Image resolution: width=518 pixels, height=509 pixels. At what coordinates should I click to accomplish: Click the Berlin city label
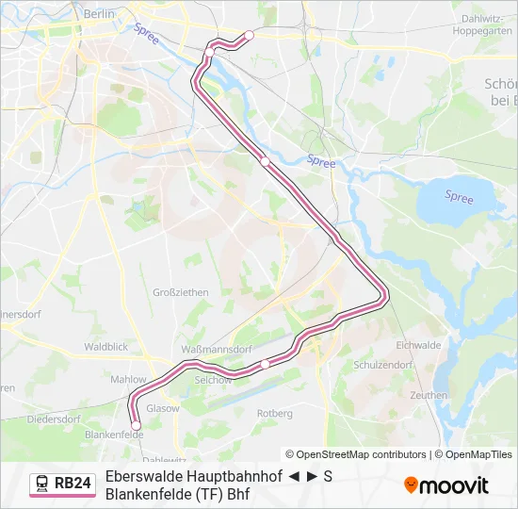[99, 14]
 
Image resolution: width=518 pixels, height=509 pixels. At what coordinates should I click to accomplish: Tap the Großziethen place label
[180, 292]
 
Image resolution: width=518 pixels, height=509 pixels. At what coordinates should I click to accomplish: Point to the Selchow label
[212, 379]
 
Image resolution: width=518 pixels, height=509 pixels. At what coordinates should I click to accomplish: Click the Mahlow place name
[129, 380]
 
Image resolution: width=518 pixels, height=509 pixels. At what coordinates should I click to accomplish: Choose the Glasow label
[163, 408]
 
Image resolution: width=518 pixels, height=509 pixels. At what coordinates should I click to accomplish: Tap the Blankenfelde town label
[106, 435]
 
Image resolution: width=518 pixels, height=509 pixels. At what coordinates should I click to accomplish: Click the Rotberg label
[274, 413]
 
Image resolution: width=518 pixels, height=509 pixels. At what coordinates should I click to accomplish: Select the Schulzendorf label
[382, 365]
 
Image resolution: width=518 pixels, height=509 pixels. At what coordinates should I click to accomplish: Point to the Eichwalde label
[418, 345]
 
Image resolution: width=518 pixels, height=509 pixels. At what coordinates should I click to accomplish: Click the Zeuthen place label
[429, 395]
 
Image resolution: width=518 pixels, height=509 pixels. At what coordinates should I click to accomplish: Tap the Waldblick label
[105, 347]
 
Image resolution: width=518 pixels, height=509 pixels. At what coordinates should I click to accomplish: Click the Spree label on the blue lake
[459, 197]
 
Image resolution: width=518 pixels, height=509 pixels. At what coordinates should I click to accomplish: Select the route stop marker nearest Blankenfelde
[137, 426]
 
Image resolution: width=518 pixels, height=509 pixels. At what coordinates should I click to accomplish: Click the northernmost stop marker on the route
[249, 36]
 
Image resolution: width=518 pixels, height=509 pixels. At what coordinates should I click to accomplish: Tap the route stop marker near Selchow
[266, 364]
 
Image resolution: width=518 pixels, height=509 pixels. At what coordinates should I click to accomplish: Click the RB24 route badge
[63, 484]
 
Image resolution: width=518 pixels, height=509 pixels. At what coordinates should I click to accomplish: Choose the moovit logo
[446, 484]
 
